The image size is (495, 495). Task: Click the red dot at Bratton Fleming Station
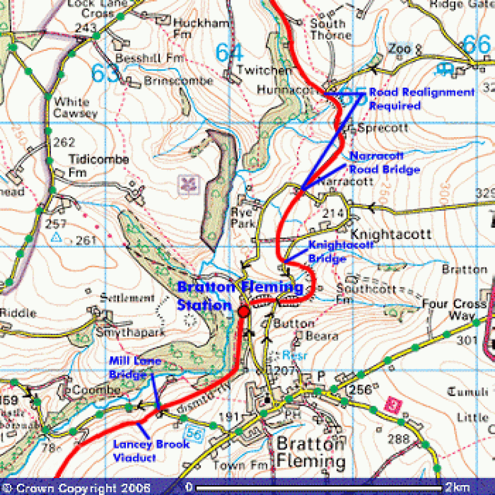[x=244, y=311]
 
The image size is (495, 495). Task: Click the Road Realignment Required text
[x=421, y=99]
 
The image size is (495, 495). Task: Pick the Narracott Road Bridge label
[x=384, y=163]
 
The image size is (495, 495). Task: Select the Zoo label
[x=399, y=49]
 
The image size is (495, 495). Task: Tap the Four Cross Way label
[x=454, y=309]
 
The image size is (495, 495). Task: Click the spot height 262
[x=64, y=143]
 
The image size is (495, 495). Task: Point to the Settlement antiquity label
[x=127, y=298]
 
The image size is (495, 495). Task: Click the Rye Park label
[x=244, y=218]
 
